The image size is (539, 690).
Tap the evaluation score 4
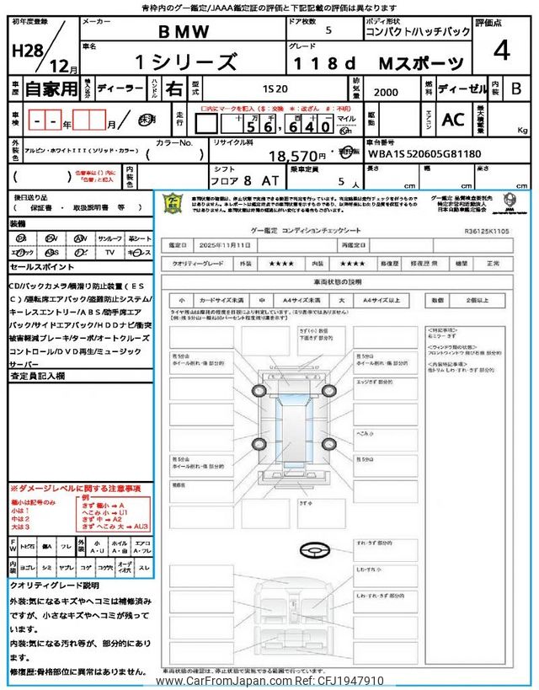click(502, 51)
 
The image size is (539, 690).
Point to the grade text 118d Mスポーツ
click(379, 63)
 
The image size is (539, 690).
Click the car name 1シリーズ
click(187, 62)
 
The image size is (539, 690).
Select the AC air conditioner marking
click(453, 120)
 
